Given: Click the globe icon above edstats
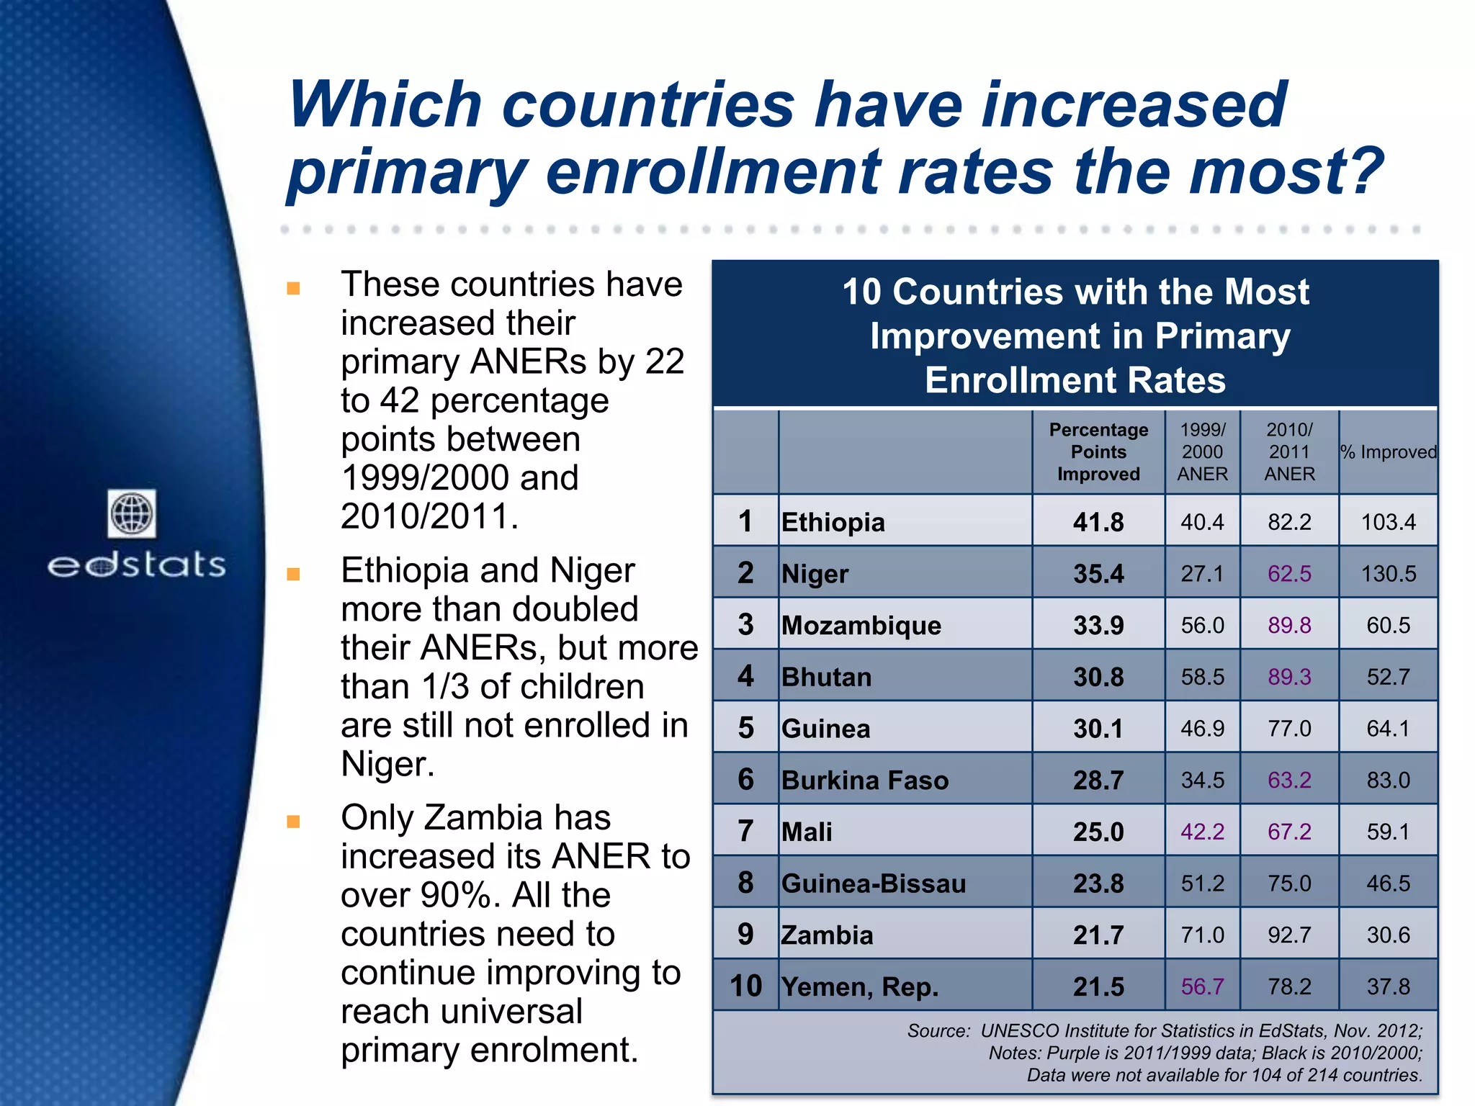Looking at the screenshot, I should [x=132, y=513].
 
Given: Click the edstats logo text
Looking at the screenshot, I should [x=137, y=565].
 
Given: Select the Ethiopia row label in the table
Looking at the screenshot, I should [x=833, y=522].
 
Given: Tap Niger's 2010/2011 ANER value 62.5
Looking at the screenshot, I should [x=1289, y=574].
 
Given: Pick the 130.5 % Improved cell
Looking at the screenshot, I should [x=1388, y=574].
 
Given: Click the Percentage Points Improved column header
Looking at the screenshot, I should [x=1098, y=452].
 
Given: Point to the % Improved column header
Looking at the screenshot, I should [x=1388, y=452].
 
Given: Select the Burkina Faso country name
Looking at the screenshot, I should [x=865, y=781].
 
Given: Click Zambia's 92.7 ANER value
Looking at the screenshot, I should [x=1289, y=935].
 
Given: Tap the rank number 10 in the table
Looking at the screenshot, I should [x=745, y=986].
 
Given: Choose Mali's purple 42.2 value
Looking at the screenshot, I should [x=1202, y=832].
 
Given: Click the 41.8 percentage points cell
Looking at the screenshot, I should [x=1098, y=522].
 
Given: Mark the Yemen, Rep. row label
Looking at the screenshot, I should [x=860, y=986].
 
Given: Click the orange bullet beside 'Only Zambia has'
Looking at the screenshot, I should [x=293, y=822].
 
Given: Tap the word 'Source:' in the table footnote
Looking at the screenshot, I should [x=938, y=1031].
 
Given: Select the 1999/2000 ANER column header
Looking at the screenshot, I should [x=1202, y=452].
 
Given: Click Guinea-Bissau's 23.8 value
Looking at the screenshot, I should [x=1098, y=884].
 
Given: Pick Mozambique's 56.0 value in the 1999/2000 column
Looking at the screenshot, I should [x=1202, y=625].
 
